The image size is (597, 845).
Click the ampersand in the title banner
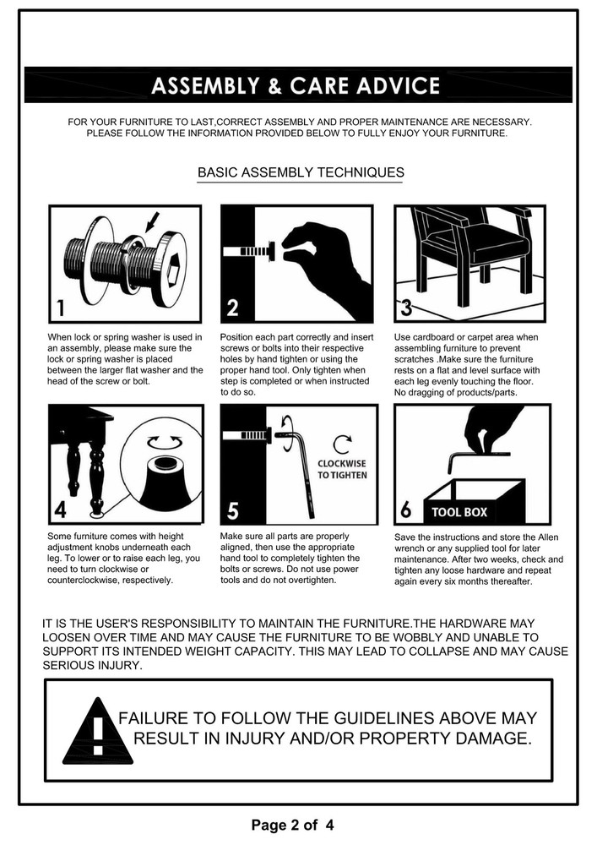pos(274,86)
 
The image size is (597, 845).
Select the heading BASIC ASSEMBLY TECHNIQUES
pos(301,172)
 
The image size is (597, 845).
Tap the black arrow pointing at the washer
pos(152,221)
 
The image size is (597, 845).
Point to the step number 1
pos(61,308)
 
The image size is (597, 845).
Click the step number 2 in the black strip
pos(232,308)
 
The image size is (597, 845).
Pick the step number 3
pos(406,308)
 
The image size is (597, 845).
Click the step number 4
pos(60,510)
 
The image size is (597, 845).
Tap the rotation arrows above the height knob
pos(165,442)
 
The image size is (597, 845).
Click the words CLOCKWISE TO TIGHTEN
pos(342,469)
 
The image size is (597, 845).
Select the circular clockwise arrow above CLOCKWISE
pos(342,444)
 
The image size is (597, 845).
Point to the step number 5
pos(233,510)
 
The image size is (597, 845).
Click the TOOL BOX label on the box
pos(459,512)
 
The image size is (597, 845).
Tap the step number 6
pos(406,510)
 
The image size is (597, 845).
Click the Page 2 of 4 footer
pos(292,825)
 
